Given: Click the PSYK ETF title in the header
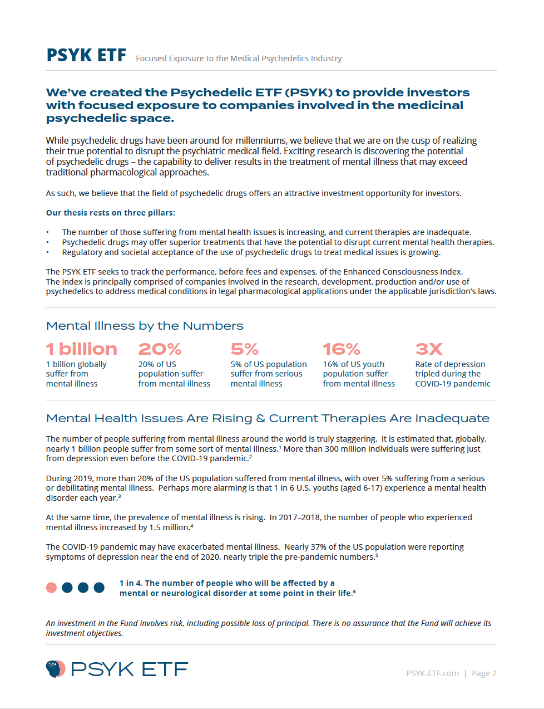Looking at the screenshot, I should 86,56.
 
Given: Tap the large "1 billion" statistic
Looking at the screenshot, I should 82,349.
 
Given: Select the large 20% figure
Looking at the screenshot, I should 160,349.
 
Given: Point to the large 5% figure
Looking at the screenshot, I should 245,349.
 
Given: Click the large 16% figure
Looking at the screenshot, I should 342,349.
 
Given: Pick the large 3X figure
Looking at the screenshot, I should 429,349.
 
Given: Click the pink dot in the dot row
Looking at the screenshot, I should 51,588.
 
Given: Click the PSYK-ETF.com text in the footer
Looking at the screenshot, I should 432,673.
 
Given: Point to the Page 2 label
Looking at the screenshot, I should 484,673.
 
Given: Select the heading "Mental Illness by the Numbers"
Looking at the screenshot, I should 145,326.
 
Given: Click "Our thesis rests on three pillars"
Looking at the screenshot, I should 110,213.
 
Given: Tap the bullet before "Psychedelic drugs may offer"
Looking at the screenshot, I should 47,242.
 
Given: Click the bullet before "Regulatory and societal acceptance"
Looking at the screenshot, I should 47,252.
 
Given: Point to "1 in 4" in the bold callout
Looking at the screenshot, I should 130,583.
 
